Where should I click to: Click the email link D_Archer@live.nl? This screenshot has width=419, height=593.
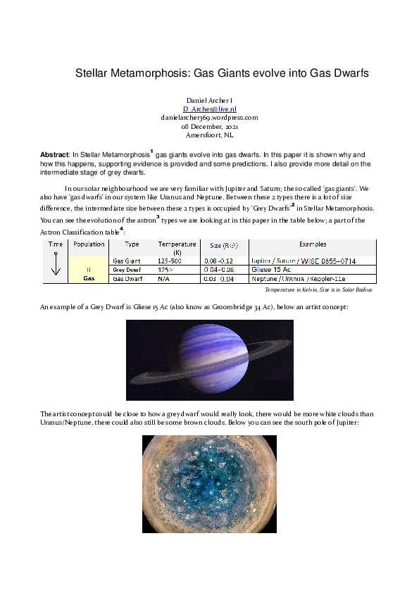[209, 109]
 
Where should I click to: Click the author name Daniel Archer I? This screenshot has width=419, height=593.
[209, 101]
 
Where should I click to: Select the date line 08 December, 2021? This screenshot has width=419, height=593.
[209, 126]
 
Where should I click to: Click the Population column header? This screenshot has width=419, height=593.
[89, 244]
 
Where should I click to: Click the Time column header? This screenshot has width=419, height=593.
[56, 244]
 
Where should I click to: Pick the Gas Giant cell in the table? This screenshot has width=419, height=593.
[127, 261]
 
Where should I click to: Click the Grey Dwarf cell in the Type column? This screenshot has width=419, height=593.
[127, 270]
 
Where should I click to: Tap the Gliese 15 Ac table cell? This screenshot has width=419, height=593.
[271, 270]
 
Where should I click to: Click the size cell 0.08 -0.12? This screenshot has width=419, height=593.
[219, 261]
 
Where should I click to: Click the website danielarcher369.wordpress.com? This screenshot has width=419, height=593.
[209, 118]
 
